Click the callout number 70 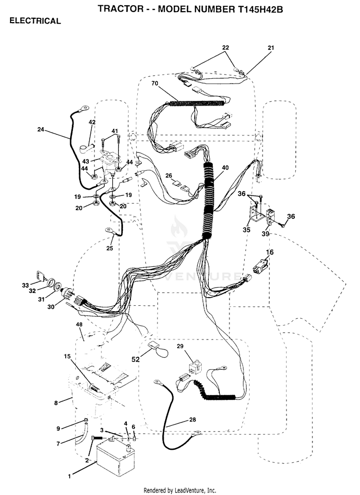click(155, 84)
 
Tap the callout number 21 click(271, 48)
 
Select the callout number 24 click(41, 129)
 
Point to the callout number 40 click(225, 168)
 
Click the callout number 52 click(135, 359)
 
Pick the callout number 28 click(192, 420)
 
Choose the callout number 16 click(270, 252)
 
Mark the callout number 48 click(79, 325)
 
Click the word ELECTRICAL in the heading click(35, 21)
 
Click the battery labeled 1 click(115, 457)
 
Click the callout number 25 click(109, 248)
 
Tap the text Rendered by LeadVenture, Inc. click(180, 490)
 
